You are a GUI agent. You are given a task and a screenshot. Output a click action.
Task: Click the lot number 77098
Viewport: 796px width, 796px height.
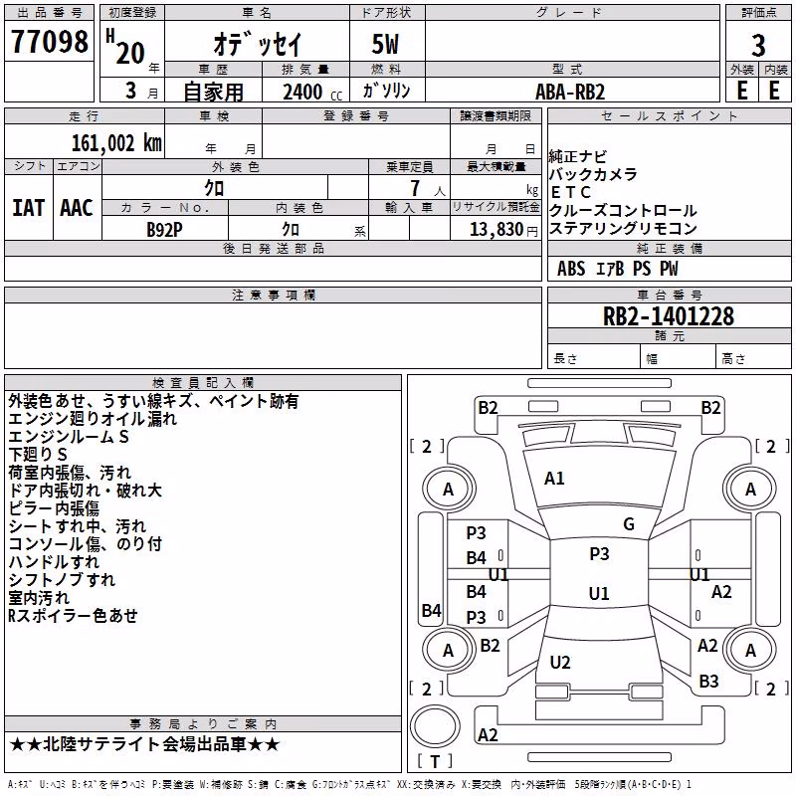[49, 42]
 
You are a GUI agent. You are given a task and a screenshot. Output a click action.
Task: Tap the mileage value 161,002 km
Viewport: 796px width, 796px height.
[116, 143]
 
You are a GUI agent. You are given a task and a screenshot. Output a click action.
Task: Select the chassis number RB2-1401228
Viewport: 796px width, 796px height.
[668, 316]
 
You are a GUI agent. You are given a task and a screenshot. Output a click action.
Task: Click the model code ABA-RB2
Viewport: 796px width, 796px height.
[570, 92]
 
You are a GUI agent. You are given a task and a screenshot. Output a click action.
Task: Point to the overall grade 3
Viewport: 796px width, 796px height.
[758, 45]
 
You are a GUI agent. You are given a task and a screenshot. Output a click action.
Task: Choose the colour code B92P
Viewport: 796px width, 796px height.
[164, 230]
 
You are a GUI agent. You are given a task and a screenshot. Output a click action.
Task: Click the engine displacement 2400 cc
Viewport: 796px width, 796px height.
[312, 92]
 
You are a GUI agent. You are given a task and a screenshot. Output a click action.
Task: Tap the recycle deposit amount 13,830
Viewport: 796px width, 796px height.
[496, 230]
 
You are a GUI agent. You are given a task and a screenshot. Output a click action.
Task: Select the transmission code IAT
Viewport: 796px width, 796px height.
[29, 208]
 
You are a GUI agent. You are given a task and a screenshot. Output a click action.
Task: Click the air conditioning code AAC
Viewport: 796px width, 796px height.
[77, 208]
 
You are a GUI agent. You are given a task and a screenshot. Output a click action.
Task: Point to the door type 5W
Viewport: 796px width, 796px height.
[386, 45]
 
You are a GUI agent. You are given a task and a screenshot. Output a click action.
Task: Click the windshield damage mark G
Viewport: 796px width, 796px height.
[629, 524]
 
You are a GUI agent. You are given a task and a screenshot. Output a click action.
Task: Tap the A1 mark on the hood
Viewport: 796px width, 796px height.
[554, 479]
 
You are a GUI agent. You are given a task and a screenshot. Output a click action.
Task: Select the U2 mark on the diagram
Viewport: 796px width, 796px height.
[560, 662]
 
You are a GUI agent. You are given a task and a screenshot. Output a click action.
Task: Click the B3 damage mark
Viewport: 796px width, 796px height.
[708, 682]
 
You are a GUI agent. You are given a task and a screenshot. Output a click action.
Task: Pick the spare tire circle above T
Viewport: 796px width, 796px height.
[435, 726]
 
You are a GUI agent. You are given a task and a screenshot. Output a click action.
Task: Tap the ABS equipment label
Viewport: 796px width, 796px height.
[571, 269]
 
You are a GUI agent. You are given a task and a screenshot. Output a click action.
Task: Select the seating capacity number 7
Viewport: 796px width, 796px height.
[416, 188]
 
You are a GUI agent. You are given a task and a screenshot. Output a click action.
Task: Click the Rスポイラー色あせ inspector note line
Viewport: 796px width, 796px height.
[73, 616]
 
